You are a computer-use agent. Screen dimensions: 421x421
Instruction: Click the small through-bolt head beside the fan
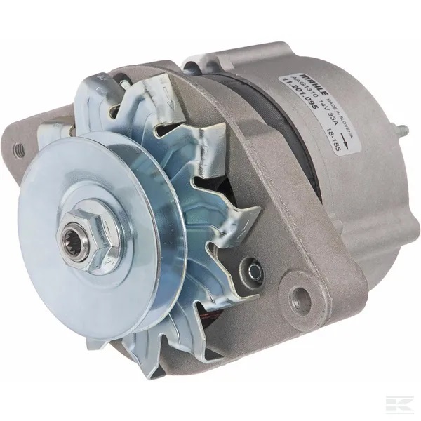[251, 268]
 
